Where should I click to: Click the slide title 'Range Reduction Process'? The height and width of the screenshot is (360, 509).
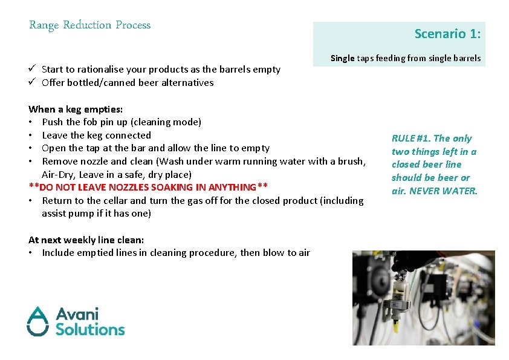click(x=89, y=25)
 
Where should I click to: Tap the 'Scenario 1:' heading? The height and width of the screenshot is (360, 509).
click(x=447, y=34)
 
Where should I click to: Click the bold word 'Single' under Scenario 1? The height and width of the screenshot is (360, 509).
click(x=342, y=59)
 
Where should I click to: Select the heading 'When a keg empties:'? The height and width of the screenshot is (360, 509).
click(x=76, y=110)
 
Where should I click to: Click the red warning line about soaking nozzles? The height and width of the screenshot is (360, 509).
click(x=148, y=188)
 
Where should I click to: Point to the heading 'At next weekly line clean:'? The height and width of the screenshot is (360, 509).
click(x=86, y=240)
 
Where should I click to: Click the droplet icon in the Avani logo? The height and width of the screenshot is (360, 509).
click(x=37, y=321)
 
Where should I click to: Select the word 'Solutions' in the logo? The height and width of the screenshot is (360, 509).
click(x=90, y=329)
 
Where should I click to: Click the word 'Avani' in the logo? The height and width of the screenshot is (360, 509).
click(x=77, y=314)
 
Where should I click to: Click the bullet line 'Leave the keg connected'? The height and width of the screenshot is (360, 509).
click(x=96, y=136)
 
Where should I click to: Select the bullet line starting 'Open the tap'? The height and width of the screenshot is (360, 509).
click(x=155, y=148)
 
